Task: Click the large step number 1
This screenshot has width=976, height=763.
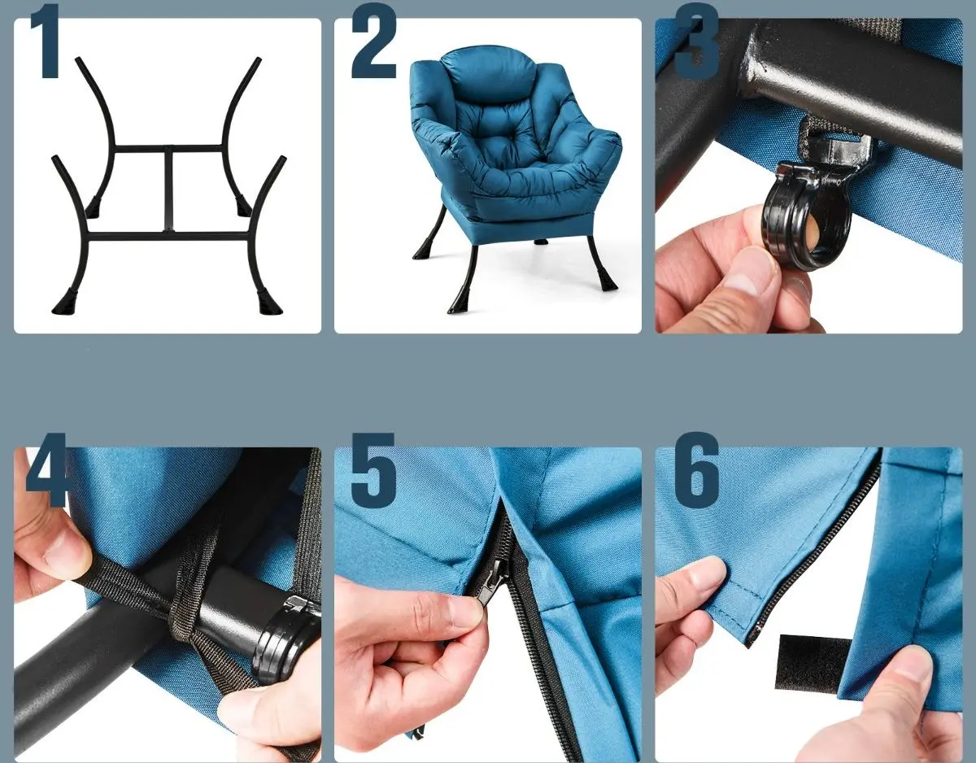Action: pos(46,41)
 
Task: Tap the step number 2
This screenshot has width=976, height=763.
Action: pos(373,41)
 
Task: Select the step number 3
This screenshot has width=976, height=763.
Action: pos(695,41)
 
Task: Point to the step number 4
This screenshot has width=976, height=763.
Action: pos(46,470)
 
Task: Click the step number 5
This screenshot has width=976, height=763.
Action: pos(373,471)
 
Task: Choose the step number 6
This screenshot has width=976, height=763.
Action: pos(697,470)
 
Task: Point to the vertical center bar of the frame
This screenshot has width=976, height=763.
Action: pos(168,190)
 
